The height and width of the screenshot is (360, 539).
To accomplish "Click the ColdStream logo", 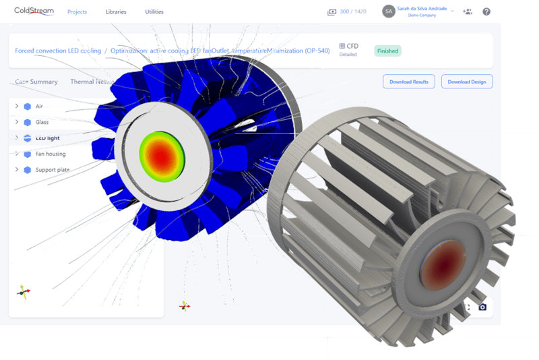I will (34, 11).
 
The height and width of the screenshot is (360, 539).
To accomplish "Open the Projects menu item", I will (77, 12).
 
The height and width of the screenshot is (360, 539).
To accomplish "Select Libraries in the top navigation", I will (116, 12).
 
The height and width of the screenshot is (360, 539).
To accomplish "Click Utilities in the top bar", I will (154, 12).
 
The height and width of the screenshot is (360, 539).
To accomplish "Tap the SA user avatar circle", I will (388, 11).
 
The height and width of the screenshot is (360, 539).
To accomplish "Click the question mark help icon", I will (486, 11).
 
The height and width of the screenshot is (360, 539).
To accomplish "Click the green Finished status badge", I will (387, 51).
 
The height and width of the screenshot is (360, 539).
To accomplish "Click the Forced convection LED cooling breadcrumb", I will (58, 51).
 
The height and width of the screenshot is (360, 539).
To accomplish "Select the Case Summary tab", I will (36, 82).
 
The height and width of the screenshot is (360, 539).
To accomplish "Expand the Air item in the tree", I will (17, 107).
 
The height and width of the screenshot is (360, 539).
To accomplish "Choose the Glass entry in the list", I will (42, 122).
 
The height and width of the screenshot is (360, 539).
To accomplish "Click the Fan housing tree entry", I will (51, 154).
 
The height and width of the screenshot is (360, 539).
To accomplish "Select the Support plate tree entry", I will (52, 170).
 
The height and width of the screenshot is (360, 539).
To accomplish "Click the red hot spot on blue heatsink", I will (161, 154).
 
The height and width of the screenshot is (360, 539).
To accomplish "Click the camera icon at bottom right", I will (482, 307).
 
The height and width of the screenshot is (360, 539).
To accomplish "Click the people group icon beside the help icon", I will (468, 11).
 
